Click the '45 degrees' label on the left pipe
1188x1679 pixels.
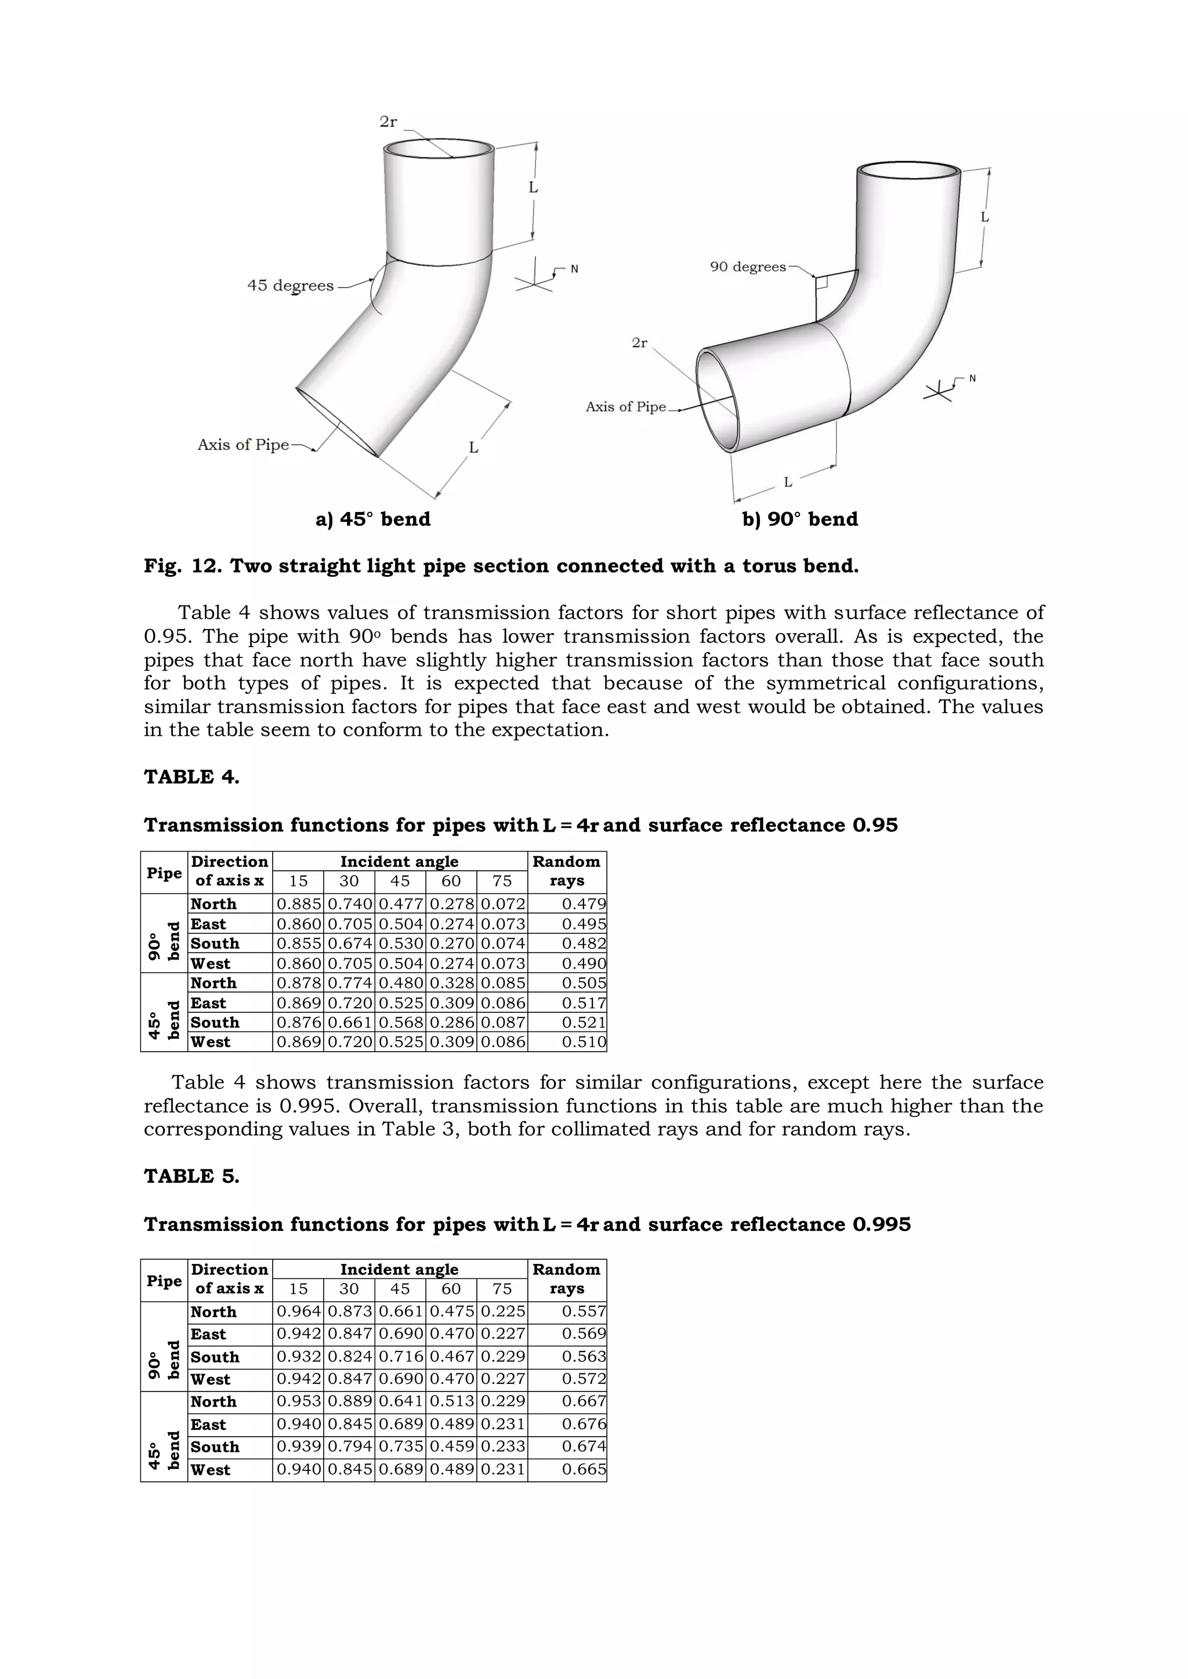(x=291, y=285)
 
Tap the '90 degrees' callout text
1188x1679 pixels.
(x=748, y=267)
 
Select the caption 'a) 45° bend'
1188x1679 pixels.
(x=373, y=519)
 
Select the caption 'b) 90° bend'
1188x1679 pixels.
(x=799, y=519)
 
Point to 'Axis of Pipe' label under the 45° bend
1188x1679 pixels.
(x=243, y=445)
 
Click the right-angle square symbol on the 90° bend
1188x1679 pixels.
(x=821, y=282)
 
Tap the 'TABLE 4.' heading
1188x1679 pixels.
(x=191, y=777)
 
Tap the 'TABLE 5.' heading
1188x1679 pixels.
(x=191, y=1176)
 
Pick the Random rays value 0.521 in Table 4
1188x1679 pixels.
(x=584, y=1022)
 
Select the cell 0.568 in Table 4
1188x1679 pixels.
(x=400, y=1022)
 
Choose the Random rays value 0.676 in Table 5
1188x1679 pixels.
(x=584, y=1424)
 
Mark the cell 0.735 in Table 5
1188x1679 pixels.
(x=400, y=1447)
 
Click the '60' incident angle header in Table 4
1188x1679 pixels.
(x=451, y=881)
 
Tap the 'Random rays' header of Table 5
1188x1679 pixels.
(x=566, y=1279)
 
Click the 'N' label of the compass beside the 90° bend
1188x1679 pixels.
(x=972, y=378)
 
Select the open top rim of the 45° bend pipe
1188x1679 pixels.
(x=439, y=148)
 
